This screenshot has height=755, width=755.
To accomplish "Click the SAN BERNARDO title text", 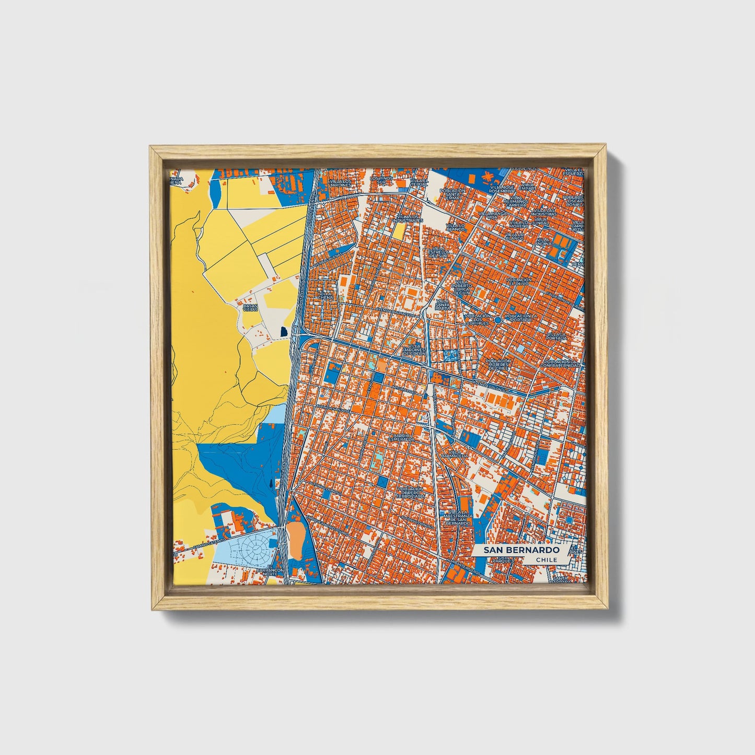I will pos(521,550).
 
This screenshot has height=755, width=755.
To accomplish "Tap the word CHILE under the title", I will pos(547,560).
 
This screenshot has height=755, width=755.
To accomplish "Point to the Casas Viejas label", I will pos(250,307).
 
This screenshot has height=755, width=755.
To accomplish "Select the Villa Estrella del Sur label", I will pos(438,253).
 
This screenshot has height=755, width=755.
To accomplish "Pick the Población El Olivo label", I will pos(519,282).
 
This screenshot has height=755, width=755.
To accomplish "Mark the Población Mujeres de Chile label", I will pos(498,364).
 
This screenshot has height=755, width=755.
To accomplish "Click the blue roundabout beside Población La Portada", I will pos(498,319).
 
